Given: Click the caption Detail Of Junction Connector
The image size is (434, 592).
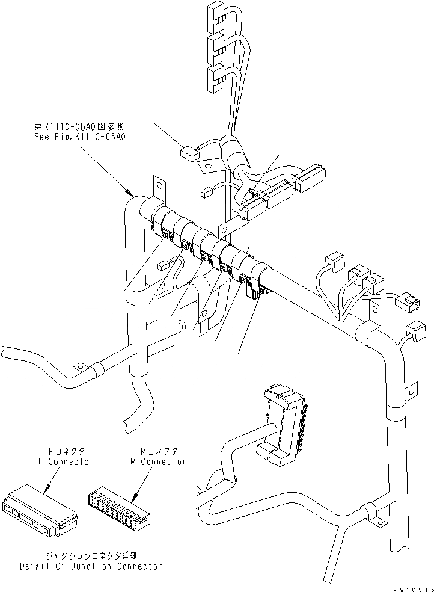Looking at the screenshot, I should pyautogui.click(x=91, y=567).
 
